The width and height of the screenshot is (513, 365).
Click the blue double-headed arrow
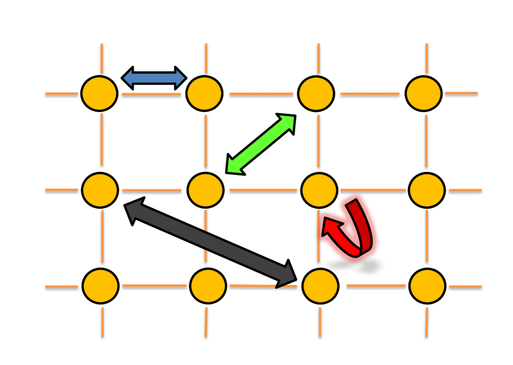click(x=154, y=78)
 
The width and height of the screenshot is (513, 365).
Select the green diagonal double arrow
click(x=261, y=144)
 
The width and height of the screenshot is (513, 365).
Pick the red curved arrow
click(x=349, y=229)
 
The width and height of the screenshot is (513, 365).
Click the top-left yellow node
click(x=99, y=94)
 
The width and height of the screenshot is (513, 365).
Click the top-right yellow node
click(x=424, y=94)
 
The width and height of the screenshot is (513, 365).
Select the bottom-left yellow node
click(x=100, y=286)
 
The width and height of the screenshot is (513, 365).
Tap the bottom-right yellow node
click(x=427, y=286)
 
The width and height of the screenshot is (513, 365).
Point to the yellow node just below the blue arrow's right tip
click(x=205, y=94)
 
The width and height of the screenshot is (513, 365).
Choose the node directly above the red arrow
click(x=320, y=191)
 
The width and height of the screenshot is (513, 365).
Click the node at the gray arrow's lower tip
click(x=320, y=286)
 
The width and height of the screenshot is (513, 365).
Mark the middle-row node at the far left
click(x=100, y=190)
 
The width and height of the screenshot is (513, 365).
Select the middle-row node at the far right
click(x=427, y=190)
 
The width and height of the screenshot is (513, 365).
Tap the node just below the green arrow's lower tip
click(x=205, y=190)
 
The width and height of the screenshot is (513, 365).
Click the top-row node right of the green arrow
click(x=316, y=94)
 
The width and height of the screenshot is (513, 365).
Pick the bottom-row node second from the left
click(x=208, y=286)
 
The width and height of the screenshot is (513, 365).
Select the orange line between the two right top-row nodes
click(x=369, y=94)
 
